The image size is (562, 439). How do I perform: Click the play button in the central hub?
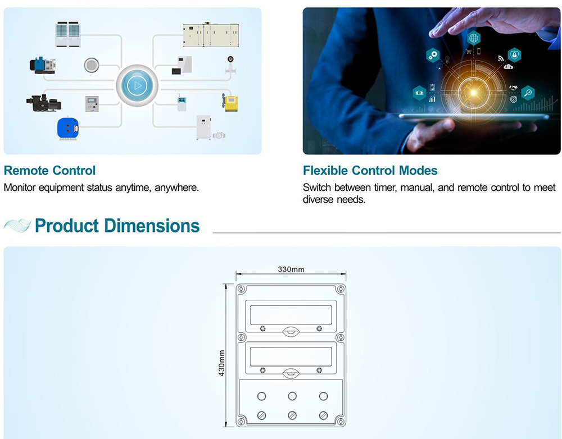137,85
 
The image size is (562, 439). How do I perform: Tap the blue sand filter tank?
68,128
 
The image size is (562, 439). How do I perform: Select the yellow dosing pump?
230,102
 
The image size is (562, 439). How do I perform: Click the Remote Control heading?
50,171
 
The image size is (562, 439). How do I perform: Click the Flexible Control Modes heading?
370,171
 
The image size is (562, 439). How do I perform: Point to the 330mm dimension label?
291,269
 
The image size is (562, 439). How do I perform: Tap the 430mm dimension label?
221,363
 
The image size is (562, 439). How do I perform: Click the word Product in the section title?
67,226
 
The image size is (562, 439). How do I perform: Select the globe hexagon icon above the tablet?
473,38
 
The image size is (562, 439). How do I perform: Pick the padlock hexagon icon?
514,55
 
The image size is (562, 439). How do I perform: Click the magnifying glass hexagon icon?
528,93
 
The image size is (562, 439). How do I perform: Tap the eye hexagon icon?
419,93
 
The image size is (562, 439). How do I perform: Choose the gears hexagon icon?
433,55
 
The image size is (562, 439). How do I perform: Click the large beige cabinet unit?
211,35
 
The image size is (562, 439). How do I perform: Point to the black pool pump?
44,103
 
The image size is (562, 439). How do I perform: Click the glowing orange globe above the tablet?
473,93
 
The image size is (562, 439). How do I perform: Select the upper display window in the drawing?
291,315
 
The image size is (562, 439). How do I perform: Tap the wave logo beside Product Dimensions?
17,226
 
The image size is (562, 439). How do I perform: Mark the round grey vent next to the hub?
91,65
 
